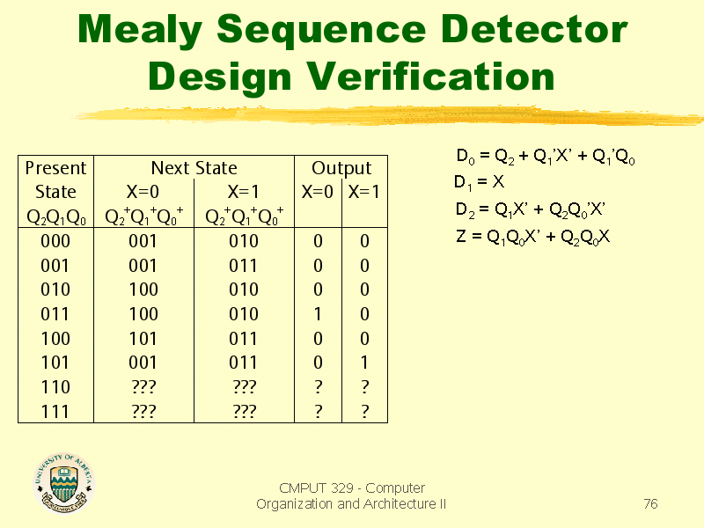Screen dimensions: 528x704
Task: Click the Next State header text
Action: (x=194, y=168)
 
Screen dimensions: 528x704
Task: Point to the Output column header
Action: (x=341, y=168)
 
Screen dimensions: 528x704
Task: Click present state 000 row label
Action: (x=55, y=240)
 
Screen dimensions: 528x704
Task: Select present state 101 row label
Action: (x=55, y=362)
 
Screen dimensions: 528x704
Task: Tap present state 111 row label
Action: (x=55, y=410)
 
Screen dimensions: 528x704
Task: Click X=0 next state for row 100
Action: (x=143, y=338)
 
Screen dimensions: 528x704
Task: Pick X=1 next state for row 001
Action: (x=244, y=265)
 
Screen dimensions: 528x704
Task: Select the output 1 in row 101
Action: (x=364, y=362)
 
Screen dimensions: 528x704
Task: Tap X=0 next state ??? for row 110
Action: (x=143, y=386)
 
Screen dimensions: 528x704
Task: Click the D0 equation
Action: (x=546, y=158)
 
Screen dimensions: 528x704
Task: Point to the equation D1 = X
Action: (x=480, y=183)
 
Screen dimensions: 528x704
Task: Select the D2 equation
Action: (x=531, y=209)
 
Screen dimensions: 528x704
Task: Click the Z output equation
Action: (x=533, y=236)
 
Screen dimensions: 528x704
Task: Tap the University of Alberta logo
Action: (x=63, y=483)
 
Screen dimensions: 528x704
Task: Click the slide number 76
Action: (x=650, y=504)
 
